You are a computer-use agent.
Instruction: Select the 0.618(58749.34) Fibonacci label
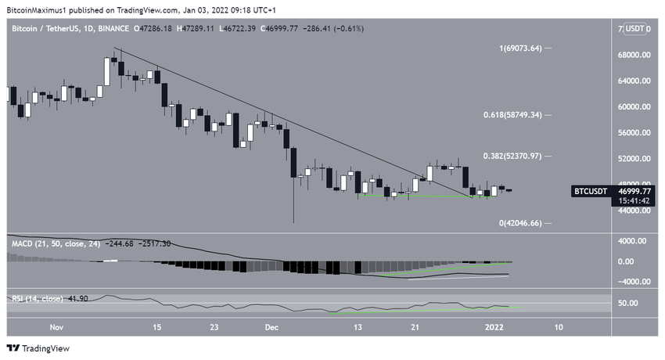[x=512, y=114]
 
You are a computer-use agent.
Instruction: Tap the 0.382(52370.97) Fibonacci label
[x=512, y=156]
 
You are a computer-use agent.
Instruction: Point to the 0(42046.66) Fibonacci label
[x=519, y=223]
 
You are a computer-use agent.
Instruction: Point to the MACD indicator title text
[x=23, y=244]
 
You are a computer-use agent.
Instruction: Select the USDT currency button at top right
[x=634, y=29]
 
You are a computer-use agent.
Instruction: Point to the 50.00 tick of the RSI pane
[x=627, y=304]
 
